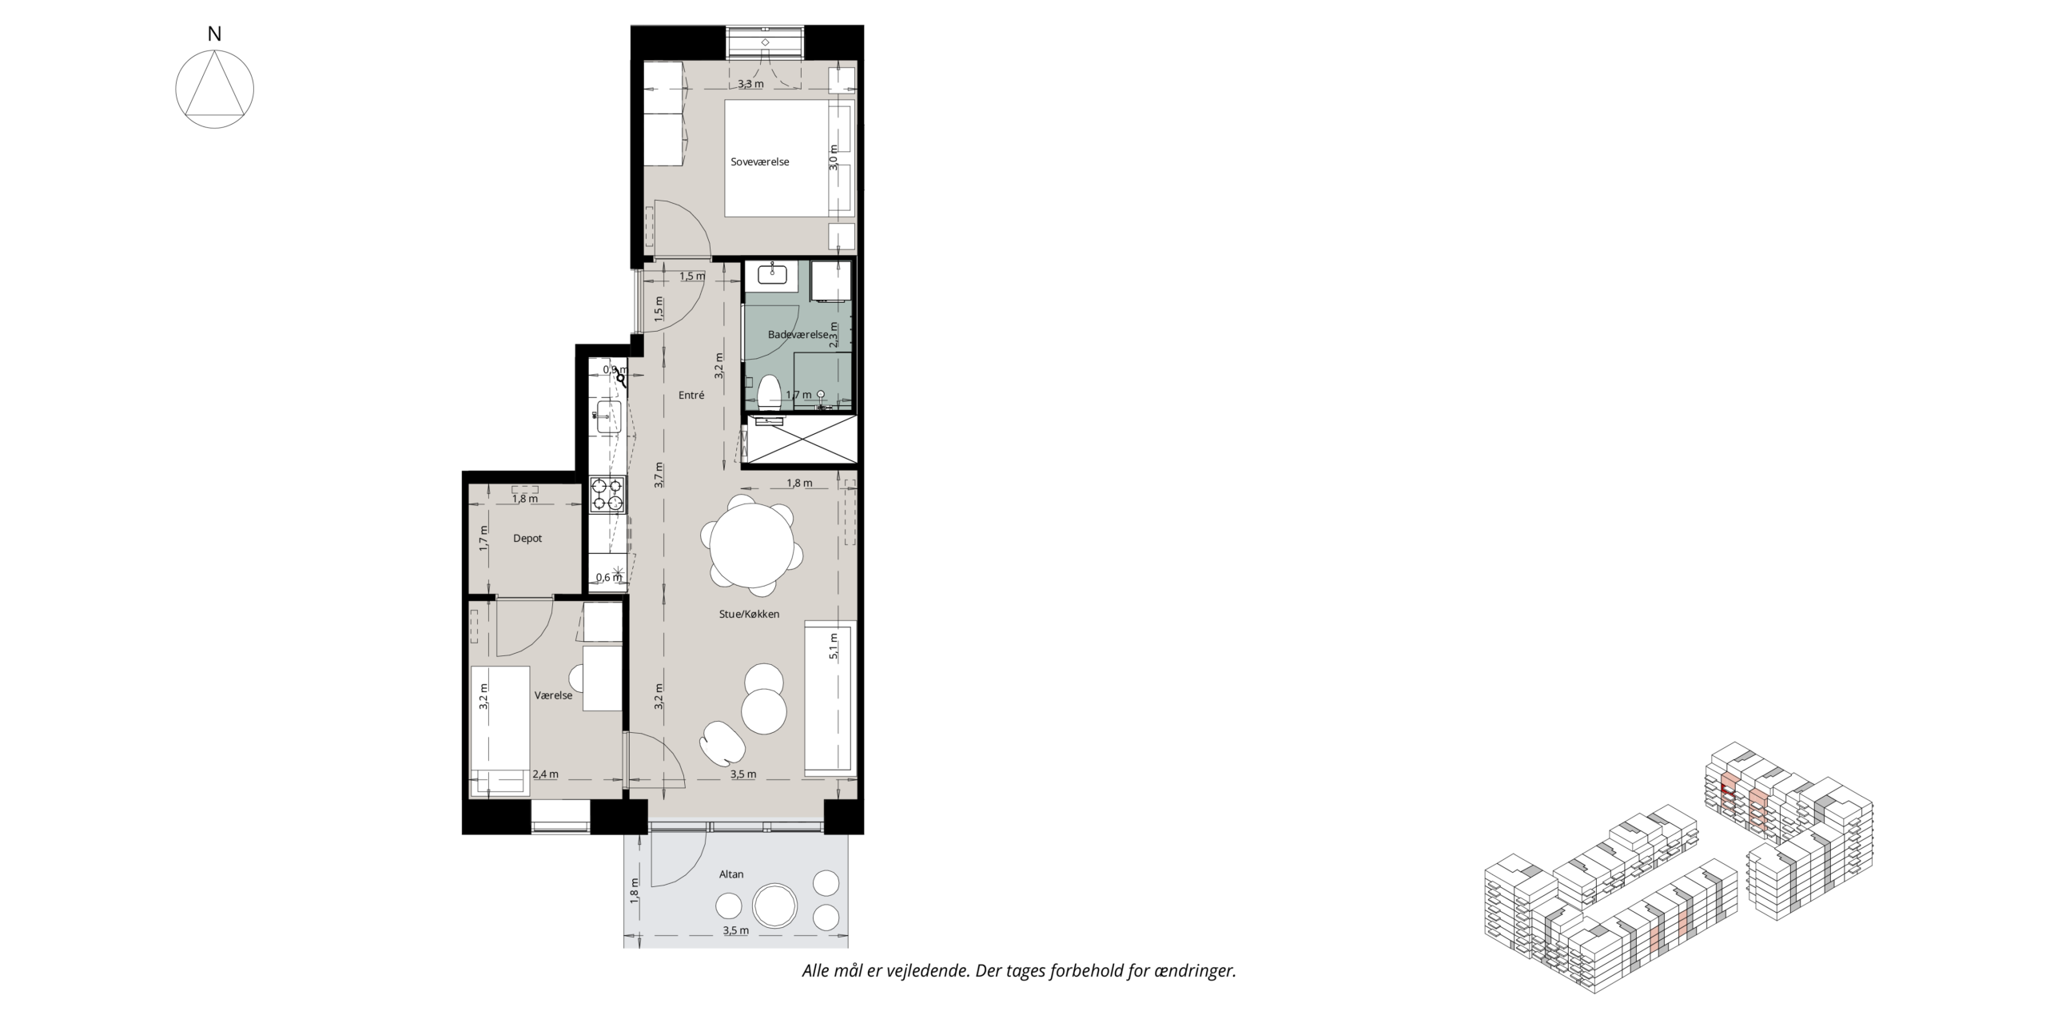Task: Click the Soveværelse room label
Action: pyautogui.click(x=759, y=161)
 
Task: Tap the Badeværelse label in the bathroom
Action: pyautogui.click(x=798, y=334)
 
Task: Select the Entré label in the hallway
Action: pyautogui.click(x=691, y=395)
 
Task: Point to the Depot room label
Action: pyautogui.click(x=527, y=539)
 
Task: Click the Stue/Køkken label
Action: pyautogui.click(x=749, y=614)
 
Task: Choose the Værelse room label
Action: pyautogui.click(x=553, y=695)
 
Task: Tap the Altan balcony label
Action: pyautogui.click(x=731, y=874)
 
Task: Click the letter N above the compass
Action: pyautogui.click(x=214, y=34)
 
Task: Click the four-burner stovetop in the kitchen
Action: pyautogui.click(x=607, y=494)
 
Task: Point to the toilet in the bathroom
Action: pyautogui.click(x=770, y=394)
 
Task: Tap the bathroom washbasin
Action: pyautogui.click(x=773, y=274)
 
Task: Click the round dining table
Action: pyautogui.click(x=752, y=545)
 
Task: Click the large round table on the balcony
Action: pyautogui.click(x=775, y=906)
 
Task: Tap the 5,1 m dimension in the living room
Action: pyautogui.click(x=834, y=646)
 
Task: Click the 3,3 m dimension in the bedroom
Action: pyautogui.click(x=750, y=83)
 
